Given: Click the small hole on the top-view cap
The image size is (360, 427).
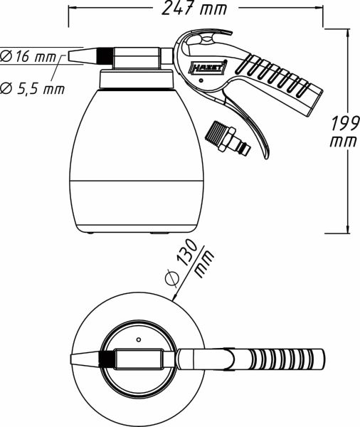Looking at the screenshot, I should point(138,340).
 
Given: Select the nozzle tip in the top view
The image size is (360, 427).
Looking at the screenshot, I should point(84,360).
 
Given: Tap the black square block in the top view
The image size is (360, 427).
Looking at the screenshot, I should point(107,360).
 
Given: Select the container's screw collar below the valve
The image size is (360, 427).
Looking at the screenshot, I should point(137,80).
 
